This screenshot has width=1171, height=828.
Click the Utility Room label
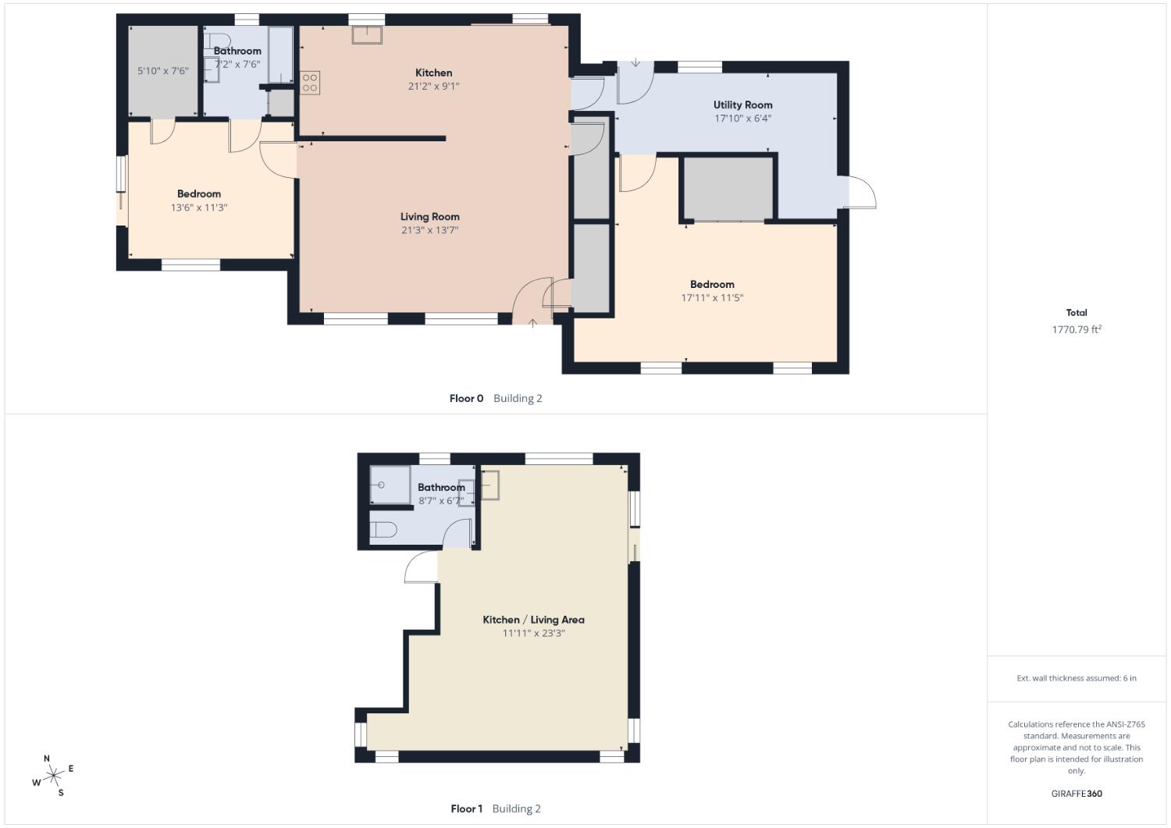tap(742, 105)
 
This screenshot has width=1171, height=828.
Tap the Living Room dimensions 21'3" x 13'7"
tap(429, 230)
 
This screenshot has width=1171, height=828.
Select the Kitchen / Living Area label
tap(533, 620)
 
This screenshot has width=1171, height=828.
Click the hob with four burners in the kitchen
tap(310, 83)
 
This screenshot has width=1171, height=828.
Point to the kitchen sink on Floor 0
tap(365, 35)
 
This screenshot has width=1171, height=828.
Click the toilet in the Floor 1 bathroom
tap(383, 530)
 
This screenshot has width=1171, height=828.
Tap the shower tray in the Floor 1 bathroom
tap(389, 485)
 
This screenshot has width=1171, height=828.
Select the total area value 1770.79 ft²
tap(1076, 329)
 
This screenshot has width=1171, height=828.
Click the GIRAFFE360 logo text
tap(1077, 794)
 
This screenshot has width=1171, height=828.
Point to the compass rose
tap(53, 775)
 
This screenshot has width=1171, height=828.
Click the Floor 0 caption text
tap(466, 398)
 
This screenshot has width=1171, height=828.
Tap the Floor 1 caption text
tap(467, 808)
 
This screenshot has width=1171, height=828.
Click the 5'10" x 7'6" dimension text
tap(162, 71)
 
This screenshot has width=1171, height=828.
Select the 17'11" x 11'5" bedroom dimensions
tap(712, 297)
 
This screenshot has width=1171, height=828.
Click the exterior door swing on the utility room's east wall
tap(860, 193)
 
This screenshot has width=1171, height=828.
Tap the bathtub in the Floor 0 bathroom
tap(280, 55)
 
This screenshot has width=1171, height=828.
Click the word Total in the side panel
tap(1076, 312)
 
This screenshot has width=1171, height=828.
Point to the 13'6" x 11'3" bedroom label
tap(199, 208)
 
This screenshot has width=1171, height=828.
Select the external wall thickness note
tap(1076, 678)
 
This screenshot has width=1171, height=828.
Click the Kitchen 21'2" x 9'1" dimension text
tap(433, 86)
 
